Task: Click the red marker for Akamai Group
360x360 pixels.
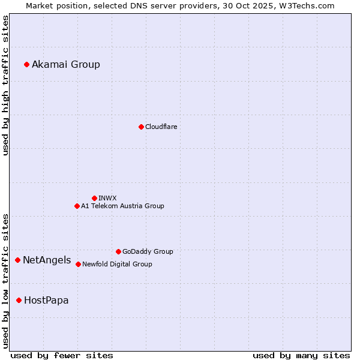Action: pyautogui.click(x=26, y=64)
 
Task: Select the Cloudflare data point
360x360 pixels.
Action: pyautogui.click(x=141, y=127)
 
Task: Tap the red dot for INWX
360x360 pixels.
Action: pyautogui.click(x=94, y=198)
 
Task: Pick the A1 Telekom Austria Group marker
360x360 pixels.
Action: pyautogui.click(x=77, y=206)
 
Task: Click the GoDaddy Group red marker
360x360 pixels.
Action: pyautogui.click(x=118, y=251)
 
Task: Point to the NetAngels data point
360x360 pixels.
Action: pyautogui.click(x=18, y=260)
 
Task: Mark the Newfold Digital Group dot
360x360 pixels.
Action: pyautogui.click(x=78, y=264)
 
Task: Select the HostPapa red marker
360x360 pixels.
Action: pyautogui.click(x=19, y=300)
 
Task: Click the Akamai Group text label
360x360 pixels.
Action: pyautogui.click(x=66, y=65)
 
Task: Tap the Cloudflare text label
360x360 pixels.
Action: pyautogui.click(x=161, y=127)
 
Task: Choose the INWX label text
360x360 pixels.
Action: pyautogui.click(x=108, y=199)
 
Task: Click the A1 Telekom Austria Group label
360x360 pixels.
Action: pyautogui.click(x=122, y=206)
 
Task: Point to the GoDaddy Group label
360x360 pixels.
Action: pyautogui.click(x=148, y=252)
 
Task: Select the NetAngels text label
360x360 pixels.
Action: pyautogui.click(x=47, y=260)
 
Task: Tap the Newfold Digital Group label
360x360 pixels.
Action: pyautogui.click(x=117, y=265)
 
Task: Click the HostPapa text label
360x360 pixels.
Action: pyautogui.click(x=46, y=301)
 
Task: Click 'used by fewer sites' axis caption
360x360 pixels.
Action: pyautogui.click(x=62, y=355)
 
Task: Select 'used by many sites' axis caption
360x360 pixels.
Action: pyautogui.click(x=301, y=355)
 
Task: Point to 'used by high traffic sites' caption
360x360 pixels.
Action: pyautogui.click(x=5, y=86)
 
